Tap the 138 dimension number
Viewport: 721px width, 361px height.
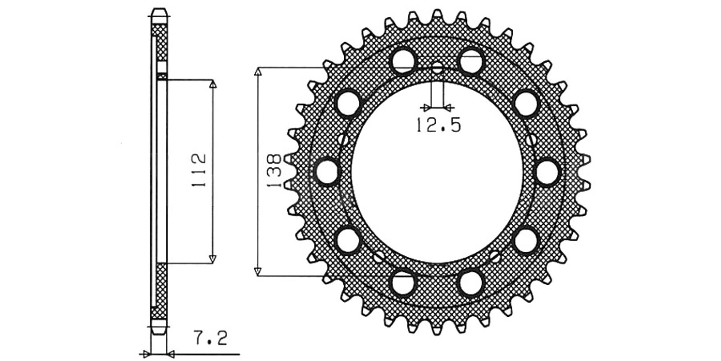(274, 171)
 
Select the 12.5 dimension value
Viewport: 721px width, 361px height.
(439, 125)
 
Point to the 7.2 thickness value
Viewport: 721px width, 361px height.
(211, 338)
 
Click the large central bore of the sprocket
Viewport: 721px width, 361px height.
(437, 172)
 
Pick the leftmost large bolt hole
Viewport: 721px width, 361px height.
(327, 172)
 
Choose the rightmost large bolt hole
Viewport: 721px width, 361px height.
(548, 172)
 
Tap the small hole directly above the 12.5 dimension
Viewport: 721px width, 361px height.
(437, 68)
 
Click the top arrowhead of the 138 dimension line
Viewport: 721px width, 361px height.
(257, 72)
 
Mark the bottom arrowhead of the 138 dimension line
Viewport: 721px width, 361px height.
(257, 272)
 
